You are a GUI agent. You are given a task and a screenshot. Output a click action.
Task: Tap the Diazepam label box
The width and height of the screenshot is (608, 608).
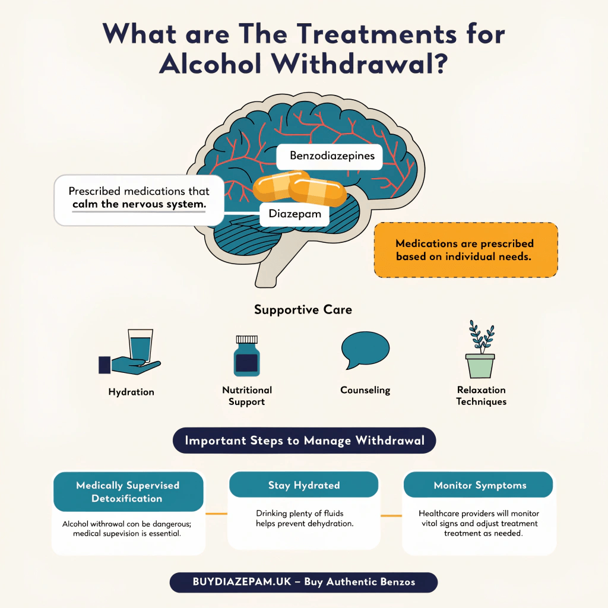click(294, 214)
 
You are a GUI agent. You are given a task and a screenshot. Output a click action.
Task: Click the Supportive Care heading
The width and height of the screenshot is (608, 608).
click(303, 310)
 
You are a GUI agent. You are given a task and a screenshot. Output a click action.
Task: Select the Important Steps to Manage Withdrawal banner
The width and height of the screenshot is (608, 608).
click(303, 441)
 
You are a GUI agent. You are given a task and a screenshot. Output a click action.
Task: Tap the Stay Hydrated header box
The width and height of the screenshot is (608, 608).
click(303, 485)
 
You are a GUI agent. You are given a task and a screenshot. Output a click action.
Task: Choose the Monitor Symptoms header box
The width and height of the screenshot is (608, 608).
click(479, 485)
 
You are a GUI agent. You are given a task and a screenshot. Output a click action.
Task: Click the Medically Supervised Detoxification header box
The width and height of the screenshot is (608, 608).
click(128, 492)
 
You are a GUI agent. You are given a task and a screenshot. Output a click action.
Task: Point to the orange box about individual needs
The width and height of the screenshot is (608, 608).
click(465, 250)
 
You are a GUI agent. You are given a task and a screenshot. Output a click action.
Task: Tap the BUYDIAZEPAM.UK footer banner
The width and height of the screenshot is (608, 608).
click(303, 582)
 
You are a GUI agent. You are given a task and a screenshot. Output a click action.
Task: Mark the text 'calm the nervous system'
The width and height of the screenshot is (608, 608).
click(139, 204)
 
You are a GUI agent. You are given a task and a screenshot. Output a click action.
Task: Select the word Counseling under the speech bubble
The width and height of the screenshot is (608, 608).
click(365, 390)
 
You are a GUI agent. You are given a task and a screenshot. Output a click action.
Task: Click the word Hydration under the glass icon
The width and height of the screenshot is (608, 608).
click(131, 392)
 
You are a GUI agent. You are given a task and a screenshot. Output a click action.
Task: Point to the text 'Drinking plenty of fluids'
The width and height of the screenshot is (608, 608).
click(300, 513)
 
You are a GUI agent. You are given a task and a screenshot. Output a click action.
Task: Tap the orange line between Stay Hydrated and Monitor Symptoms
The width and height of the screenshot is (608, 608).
click(391, 515)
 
